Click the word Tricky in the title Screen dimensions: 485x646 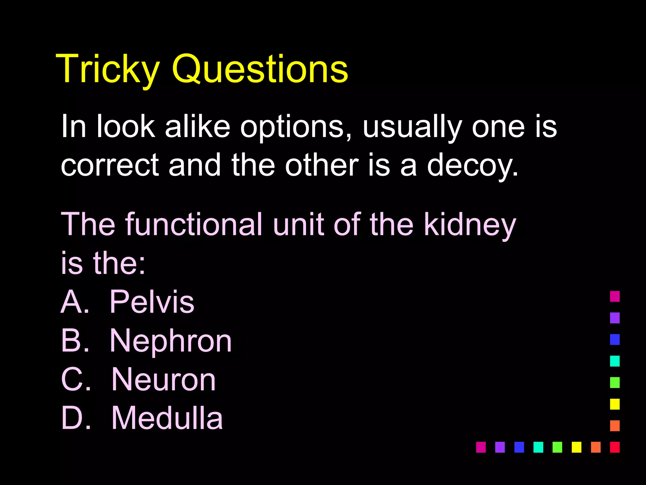tap(108, 69)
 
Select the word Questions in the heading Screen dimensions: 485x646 tap(260, 69)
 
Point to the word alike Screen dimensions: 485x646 tap(197, 126)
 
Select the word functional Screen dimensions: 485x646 tap(194, 224)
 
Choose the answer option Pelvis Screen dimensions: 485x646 tap(152, 302)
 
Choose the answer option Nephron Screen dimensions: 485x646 tap(171, 341)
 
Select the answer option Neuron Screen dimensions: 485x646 tap(163, 380)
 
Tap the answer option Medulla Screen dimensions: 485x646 tap(167, 418)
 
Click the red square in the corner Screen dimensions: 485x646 tap(615, 447)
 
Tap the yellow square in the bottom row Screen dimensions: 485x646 tap(576, 447)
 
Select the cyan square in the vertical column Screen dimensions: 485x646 tap(615, 361)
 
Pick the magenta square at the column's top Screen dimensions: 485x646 tap(615, 296)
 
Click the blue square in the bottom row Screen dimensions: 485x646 tap(519, 447)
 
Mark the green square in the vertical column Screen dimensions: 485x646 tap(615, 382)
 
